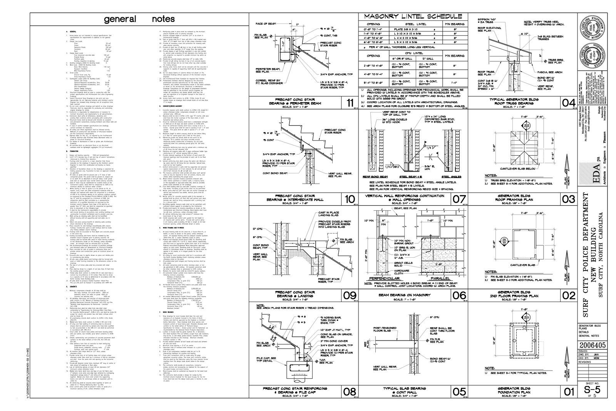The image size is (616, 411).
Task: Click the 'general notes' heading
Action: click(x=140, y=19)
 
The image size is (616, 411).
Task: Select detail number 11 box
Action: click(x=350, y=103)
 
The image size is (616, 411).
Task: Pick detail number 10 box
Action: click(x=350, y=199)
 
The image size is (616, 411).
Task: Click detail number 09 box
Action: click(x=350, y=295)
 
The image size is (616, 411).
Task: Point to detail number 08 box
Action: click(x=350, y=392)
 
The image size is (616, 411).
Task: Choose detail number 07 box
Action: click(x=459, y=199)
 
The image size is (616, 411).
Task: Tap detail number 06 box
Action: click(x=459, y=295)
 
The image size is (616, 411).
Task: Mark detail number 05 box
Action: click(x=459, y=392)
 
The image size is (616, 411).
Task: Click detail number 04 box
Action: click(x=568, y=103)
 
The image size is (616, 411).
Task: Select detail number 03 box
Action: click(x=568, y=199)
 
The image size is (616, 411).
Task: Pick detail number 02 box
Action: click(x=568, y=295)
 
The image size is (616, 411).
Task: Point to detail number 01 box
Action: click(x=568, y=392)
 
